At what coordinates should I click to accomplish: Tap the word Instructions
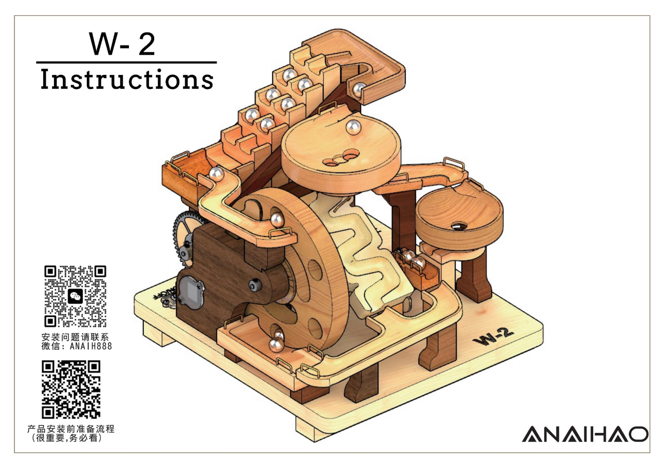(127, 79)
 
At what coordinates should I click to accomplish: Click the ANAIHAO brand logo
(585, 434)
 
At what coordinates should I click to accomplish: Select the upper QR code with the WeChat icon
(75, 296)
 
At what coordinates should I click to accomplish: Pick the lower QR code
(71, 389)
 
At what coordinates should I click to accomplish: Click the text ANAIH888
(91, 346)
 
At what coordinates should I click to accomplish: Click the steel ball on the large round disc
(353, 126)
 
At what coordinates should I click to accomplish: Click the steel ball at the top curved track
(359, 89)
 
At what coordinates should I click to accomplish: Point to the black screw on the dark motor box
(255, 285)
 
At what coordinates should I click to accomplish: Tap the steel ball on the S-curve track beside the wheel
(277, 219)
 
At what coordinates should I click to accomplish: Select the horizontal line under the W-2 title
(127, 62)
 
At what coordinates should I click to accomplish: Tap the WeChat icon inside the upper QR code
(75, 296)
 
